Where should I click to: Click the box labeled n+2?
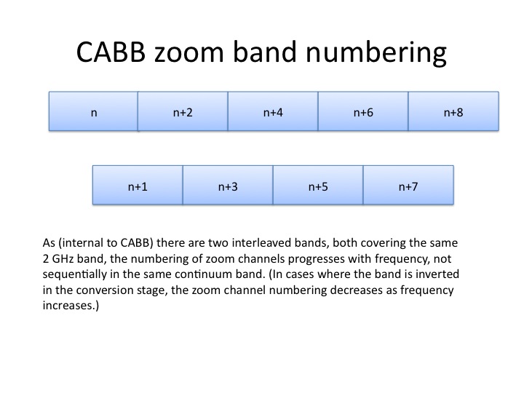(183, 111)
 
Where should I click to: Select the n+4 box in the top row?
(273, 111)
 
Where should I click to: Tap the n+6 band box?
(363, 111)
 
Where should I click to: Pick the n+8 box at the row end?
(453, 111)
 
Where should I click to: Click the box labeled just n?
(94, 111)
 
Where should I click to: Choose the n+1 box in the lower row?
(138, 185)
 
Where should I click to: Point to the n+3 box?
(228, 185)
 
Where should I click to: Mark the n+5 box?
(318, 185)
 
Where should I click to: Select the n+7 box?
(408, 185)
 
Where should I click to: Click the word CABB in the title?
(111, 52)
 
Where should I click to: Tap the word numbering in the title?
(376, 53)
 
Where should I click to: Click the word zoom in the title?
(188, 53)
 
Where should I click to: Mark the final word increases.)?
(71, 306)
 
